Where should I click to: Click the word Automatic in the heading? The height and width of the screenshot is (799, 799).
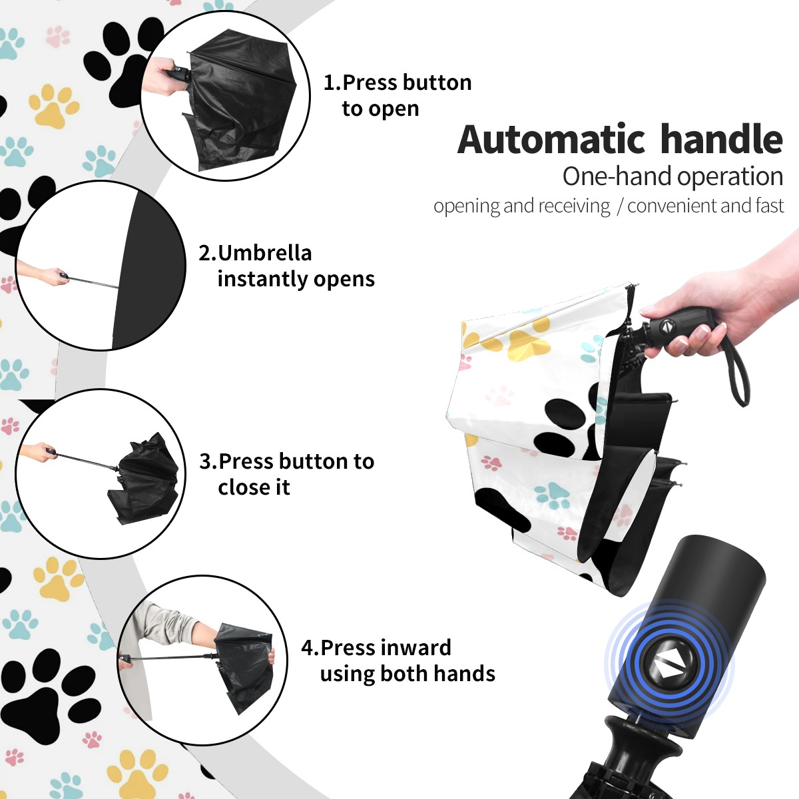[x=551, y=139]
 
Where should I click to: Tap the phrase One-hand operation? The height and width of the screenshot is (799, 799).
[x=672, y=176]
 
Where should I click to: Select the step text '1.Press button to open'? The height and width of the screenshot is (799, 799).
[x=398, y=95]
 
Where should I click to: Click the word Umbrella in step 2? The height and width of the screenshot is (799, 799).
[x=264, y=253]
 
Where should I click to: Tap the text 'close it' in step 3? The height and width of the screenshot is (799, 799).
[x=254, y=487]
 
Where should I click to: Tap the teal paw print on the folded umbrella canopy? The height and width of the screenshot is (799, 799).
[x=551, y=496]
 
